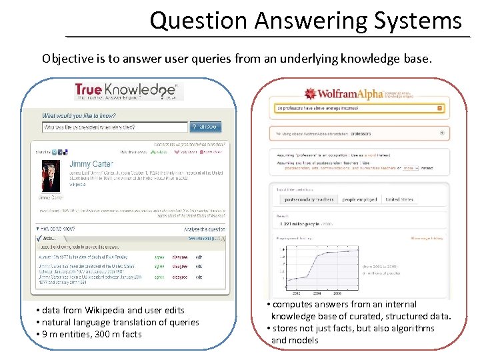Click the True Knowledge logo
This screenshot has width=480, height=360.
[125, 91]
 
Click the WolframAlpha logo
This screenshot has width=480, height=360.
[343, 93]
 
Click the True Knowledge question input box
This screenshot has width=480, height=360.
[114, 127]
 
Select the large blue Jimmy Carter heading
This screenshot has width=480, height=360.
[91, 163]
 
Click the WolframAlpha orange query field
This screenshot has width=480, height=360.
[356, 107]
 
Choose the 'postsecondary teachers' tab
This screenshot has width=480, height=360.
[309, 199]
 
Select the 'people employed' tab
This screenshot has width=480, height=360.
[359, 199]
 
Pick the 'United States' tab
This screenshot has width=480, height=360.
[399, 199]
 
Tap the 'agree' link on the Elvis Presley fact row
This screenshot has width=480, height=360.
[159, 255]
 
